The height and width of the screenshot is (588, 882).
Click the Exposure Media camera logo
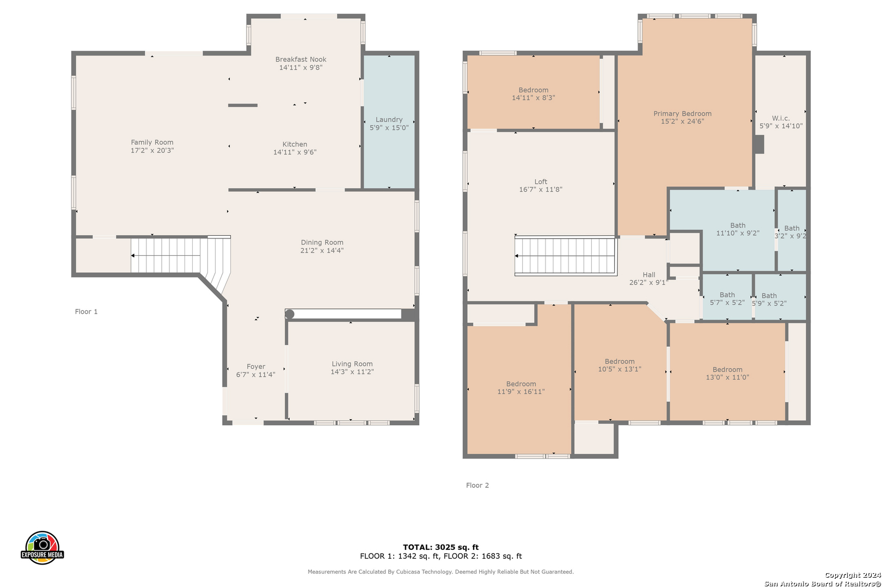(42, 547)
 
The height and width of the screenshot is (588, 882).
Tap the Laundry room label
(389, 119)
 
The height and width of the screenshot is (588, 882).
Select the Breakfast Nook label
(301, 59)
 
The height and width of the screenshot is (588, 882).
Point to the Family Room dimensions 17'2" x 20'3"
(152, 150)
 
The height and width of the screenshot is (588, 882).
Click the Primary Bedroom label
(682, 113)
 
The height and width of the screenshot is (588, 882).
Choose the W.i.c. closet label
(781, 118)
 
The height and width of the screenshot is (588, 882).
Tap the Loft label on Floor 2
(541, 181)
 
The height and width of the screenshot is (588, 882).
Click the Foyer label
(256, 366)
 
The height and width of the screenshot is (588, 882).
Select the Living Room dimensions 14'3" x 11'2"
(352, 372)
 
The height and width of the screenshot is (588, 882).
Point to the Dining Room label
(322, 243)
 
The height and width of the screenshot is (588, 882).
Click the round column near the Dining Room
(290, 314)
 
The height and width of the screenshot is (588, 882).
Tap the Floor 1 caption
(86, 311)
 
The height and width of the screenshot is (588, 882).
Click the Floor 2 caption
(477, 485)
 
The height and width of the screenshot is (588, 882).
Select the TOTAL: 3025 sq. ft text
(441, 547)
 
